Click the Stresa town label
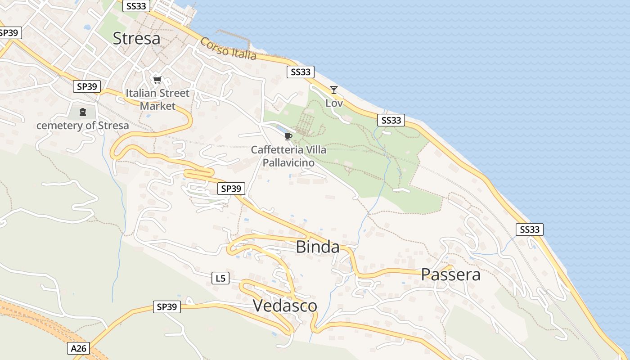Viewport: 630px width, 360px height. [x=136, y=39]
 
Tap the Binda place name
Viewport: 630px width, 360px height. [x=318, y=247]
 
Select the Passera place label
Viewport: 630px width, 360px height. [x=450, y=274]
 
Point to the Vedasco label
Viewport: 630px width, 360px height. [x=285, y=306]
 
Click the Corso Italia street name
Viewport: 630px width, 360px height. [x=228, y=49]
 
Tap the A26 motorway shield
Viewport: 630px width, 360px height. [x=79, y=348]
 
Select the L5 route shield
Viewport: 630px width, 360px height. [x=220, y=279]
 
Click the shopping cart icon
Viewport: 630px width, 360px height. [x=157, y=80]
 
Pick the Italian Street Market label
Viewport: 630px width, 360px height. [x=157, y=99]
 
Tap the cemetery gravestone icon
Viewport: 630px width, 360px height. [x=83, y=112]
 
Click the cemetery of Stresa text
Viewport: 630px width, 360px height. [x=82, y=126]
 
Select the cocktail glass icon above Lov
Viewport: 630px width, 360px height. [x=333, y=90]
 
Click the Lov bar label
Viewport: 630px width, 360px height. [x=334, y=103]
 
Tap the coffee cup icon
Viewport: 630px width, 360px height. [x=288, y=136]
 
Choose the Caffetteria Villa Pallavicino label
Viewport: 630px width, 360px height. [x=288, y=156]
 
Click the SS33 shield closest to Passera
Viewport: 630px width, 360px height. [x=529, y=229]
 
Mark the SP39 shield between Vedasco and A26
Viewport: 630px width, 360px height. [x=166, y=307]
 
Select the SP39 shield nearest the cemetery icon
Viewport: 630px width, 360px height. [x=87, y=86]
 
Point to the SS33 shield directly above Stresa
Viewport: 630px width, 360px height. [x=136, y=6]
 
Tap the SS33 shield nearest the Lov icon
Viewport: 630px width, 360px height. [x=301, y=72]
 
